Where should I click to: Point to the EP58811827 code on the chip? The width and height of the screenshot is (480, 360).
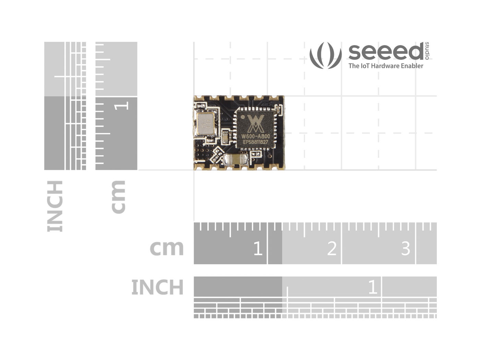[255, 142]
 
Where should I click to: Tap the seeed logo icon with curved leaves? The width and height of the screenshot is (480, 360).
[325, 55]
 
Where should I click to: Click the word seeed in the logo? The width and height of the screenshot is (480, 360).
[386, 52]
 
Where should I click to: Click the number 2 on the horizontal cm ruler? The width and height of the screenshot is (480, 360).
[331, 248]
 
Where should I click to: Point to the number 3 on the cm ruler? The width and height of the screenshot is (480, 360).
[405, 248]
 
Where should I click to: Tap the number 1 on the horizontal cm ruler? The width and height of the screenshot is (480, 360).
[257, 248]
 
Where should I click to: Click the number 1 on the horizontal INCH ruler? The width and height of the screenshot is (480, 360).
[372, 287]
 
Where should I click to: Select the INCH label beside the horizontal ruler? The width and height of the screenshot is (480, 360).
[157, 287]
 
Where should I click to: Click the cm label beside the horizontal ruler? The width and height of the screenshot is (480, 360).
[167, 248]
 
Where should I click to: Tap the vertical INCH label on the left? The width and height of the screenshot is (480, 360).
[55, 206]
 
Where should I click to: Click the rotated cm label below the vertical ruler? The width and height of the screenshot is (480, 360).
[118, 197]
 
